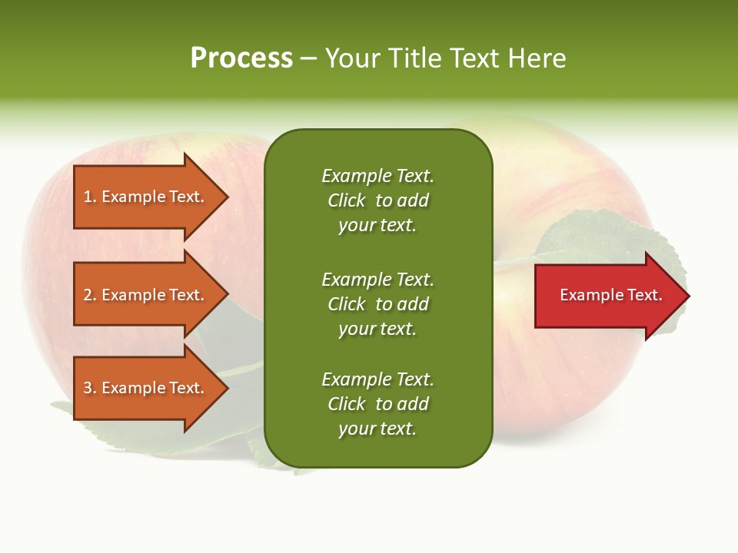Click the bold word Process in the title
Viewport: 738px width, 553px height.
tap(241, 58)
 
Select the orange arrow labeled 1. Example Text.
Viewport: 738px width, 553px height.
tap(146, 197)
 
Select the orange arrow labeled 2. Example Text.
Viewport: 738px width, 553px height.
tap(146, 295)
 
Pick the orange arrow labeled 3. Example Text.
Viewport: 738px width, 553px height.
tap(146, 388)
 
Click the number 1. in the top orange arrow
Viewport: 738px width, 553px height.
tap(90, 197)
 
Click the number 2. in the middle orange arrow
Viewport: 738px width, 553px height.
tap(90, 295)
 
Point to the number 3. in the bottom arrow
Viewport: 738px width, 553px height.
tap(90, 388)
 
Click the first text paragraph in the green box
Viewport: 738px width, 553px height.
tap(377, 200)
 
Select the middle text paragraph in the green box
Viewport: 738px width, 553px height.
tap(377, 304)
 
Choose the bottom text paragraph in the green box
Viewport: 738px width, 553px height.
tap(377, 404)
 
